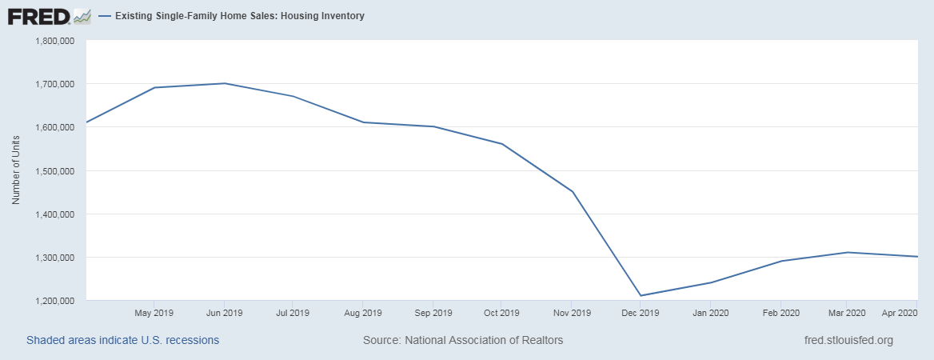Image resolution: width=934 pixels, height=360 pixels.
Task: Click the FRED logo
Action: click(38, 16)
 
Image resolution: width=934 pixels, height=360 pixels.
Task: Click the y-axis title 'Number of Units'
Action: click(16, 171)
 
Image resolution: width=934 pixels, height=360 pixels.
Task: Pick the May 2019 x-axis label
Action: click(154, 313)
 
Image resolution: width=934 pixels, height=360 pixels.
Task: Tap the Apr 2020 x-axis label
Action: click(898, 313)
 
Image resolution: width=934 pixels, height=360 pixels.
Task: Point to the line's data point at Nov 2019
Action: click(573, 192)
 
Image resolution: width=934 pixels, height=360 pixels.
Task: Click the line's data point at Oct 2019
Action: click(502, 144)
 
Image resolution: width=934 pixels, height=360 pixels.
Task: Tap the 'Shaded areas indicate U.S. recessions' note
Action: click(122, 340)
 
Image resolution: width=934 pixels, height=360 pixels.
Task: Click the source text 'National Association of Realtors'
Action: click(485, 340)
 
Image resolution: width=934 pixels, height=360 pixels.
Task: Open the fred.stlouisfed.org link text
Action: click(848, 340)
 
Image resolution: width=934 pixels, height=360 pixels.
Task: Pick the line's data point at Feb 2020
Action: click(780, 261)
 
